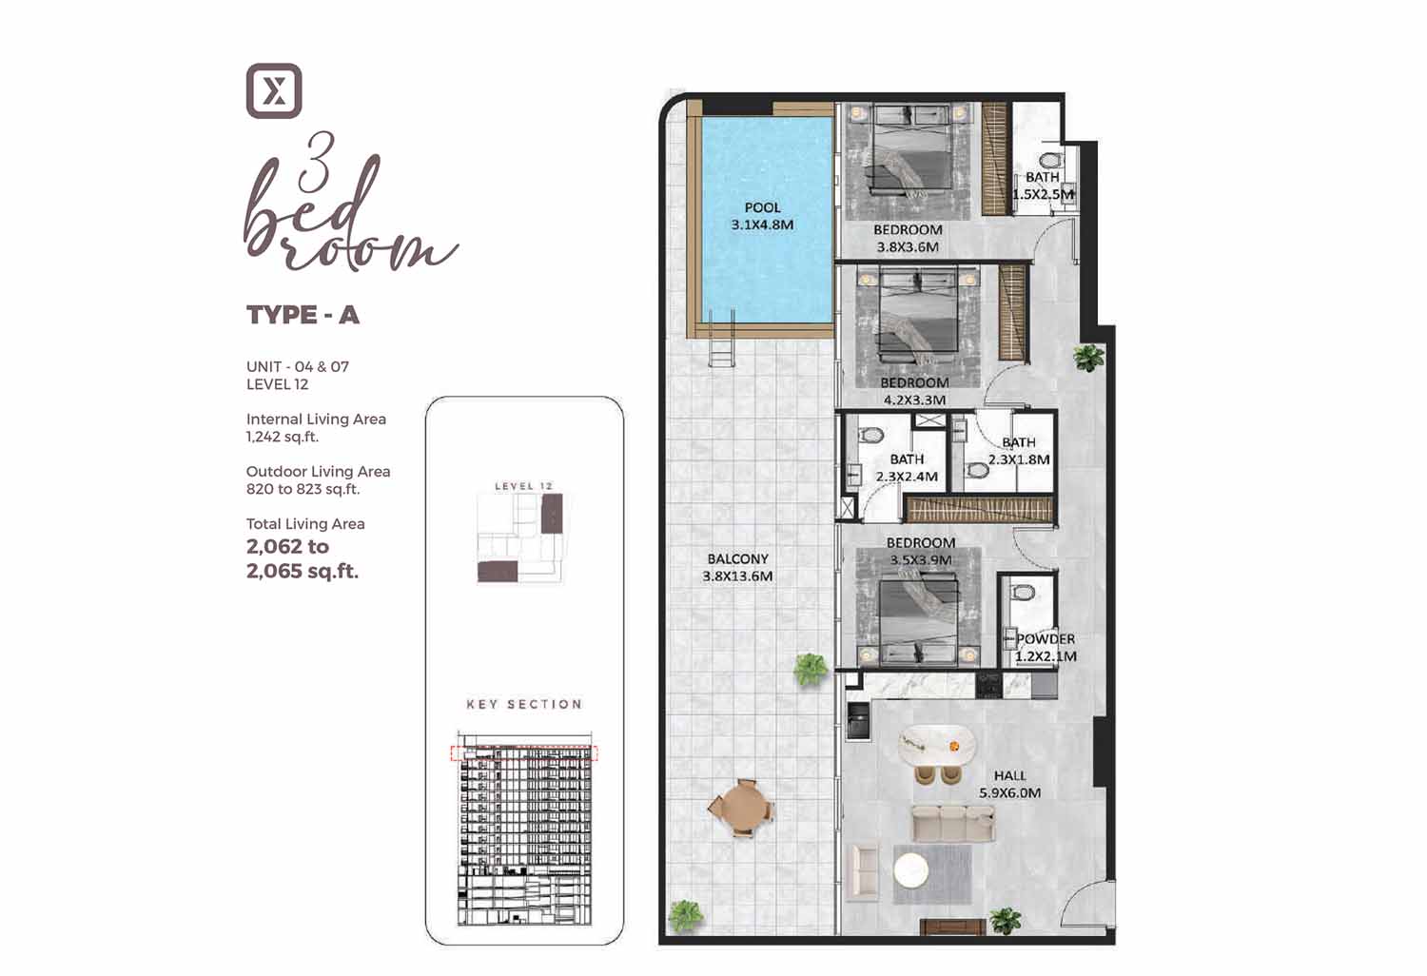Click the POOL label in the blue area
[x=762, y=207]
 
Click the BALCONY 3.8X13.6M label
[x=737, y=568]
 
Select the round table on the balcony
[x=740, y=808]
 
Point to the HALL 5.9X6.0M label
[x=1010, y=784]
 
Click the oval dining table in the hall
[x=936, y=746]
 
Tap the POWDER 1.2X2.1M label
[x=1046, y=647]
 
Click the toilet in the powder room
[x=1023, y=592]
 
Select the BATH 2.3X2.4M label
[x=907, y=468]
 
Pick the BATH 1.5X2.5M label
[x=1043, y=185]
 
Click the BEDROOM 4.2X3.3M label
[x=914, y=391]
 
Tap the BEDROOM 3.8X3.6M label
[x=908, y=238]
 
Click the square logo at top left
[x=274, y=90]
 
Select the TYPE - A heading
[x=303, y=315]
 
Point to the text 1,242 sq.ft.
[x=283, y=437]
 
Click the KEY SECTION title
[x=524, y=704]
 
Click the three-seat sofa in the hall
[x=953, y=823]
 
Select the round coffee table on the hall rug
[x=911, y=870]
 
